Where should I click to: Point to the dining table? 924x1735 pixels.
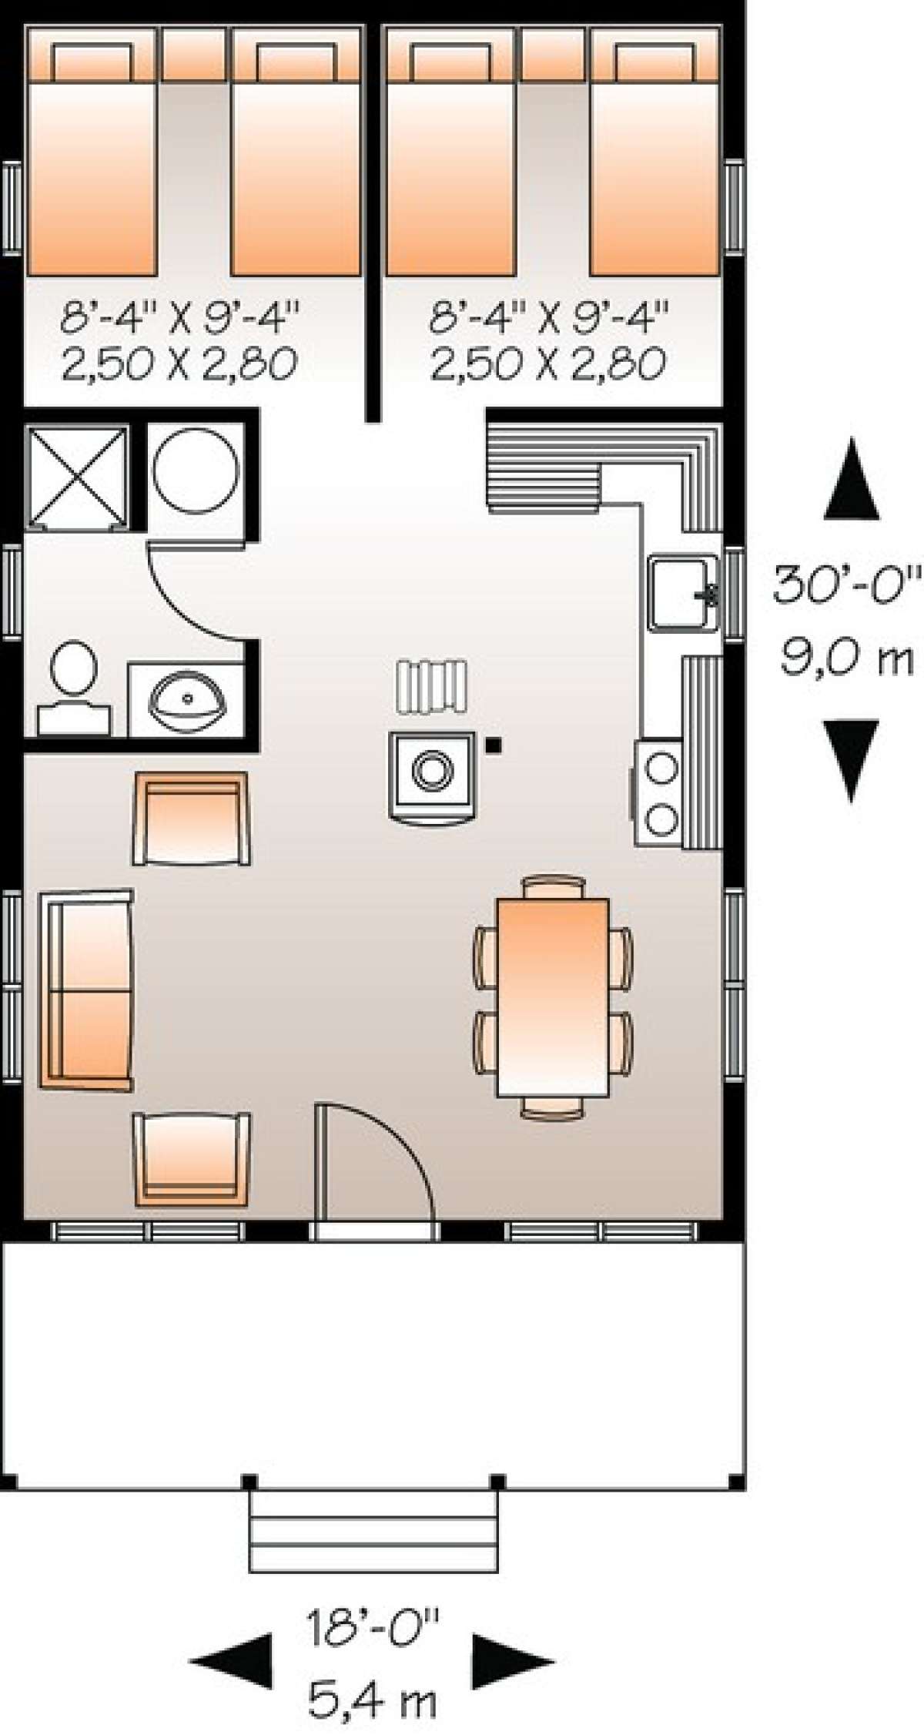point(553,996)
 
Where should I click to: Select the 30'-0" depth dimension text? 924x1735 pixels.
point(847,587)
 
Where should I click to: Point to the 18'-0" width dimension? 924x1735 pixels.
point(373,1626)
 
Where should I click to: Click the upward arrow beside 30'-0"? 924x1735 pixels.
point(850,477)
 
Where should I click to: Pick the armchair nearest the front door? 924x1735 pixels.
point(192,1159)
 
